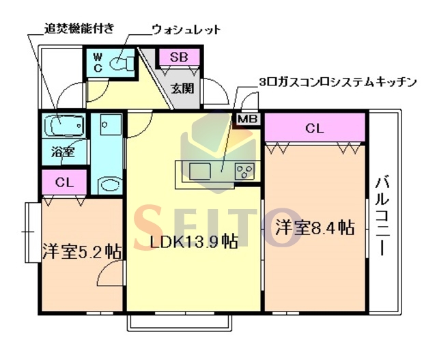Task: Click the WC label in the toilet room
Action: tap(97, 62)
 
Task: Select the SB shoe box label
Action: tap(180, 57)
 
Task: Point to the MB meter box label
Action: tap(247, 120)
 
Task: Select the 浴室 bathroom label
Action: tap(64, 152)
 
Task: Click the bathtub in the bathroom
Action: tap(64, 126)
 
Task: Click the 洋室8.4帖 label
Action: tap(315, 227)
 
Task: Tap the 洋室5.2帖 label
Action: tap(81, 250)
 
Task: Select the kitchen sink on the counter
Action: tap(201, 169)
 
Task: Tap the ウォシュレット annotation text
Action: tap(186, 29)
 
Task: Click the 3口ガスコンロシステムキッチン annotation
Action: tap(337, 82)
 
